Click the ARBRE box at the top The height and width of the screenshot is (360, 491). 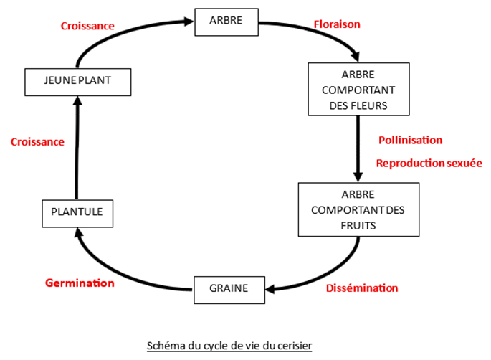(x=226, y=20)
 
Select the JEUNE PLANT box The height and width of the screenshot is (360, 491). (x=78, y=81)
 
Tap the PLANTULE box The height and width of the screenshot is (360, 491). (x=77, y=212)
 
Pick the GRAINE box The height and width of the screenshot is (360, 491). (x=229, y=288)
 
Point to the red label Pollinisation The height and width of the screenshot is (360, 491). (x=410, y=140)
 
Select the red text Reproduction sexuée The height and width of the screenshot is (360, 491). (x=429, y=164)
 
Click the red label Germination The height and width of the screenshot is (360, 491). (x=80, y=283)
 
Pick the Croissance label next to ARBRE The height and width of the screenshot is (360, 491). (x=87, y=26)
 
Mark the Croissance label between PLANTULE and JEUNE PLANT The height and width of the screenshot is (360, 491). (x=37, y=142)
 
